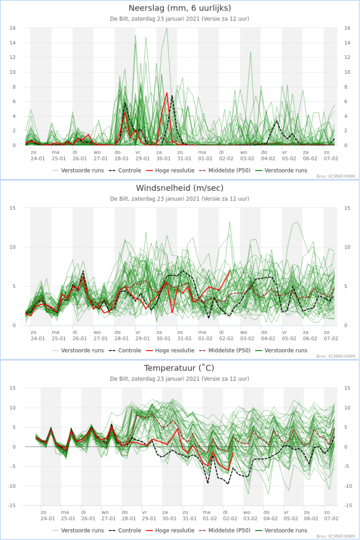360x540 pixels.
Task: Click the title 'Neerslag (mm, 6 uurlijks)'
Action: click(180, 8)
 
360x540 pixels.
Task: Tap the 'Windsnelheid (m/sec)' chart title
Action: click(180, 188)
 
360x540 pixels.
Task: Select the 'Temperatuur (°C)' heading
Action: click(179, 368)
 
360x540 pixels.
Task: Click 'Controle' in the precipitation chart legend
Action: click(130, 170)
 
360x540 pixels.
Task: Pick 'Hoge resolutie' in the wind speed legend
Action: click(175, 350)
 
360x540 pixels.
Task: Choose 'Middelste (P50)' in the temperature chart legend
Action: click(229, 531)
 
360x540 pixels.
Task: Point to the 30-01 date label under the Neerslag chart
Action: click(163, 159)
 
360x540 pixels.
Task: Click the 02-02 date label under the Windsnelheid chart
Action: click(226, 339)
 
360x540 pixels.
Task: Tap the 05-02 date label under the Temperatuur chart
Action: click(291, 518)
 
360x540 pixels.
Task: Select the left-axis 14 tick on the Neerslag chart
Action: click(13, 43)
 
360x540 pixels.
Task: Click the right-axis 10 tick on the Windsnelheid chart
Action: click(347, 247)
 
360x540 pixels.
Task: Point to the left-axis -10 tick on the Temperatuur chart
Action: click(12, 486)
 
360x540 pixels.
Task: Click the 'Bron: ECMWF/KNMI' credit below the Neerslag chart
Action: click(336, 176)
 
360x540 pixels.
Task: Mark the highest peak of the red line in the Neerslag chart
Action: click(167, 93)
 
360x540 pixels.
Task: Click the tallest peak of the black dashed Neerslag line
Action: click(171, 96)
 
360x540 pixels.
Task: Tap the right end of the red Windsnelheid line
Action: click(230, 271)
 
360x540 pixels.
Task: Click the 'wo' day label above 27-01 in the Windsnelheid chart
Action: click(97, 332)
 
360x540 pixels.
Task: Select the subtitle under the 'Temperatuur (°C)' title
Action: click(180, 379)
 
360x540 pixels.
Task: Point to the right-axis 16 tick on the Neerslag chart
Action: click(347, 28)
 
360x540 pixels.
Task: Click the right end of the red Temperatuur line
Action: click(233, 453)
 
